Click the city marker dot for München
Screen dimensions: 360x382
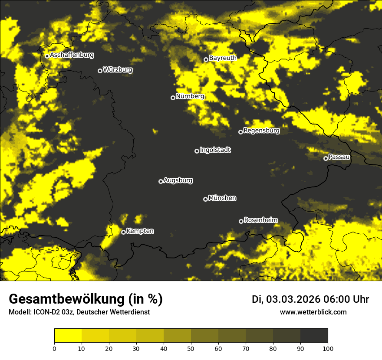click(205, 199)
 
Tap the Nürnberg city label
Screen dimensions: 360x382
click(190, 96)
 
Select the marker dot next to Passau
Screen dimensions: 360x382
click(326, 158)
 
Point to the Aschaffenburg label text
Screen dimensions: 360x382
click(72, 55)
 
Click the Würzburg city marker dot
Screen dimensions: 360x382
click(100, 71)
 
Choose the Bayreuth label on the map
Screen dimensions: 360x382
click(223, 58)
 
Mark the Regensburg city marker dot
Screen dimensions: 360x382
click(240, 132)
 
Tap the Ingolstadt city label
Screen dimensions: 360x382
click(215, 150)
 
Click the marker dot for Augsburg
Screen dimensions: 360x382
click(161, 181)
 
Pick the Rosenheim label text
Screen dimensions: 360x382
click(261, 220)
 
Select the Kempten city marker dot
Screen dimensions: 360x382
click(123, 232)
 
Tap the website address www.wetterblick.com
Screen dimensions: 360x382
click(313, 312)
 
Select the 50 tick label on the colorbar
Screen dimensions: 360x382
click(191, 348)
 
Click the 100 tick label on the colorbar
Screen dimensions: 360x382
click(327, 348)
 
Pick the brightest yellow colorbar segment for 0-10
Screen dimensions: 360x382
click(68, 336)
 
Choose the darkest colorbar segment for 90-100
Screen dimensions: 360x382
click(314, 336)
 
